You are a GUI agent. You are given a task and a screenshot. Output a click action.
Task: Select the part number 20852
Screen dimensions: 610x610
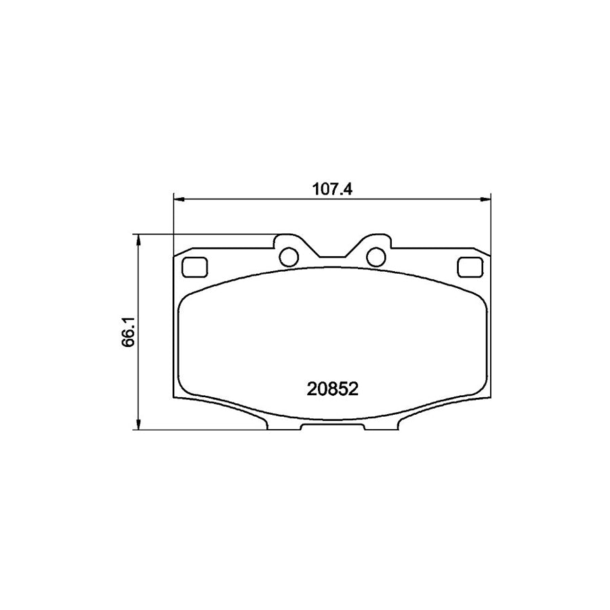332,390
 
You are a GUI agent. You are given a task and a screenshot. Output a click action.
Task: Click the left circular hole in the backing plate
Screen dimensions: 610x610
289,257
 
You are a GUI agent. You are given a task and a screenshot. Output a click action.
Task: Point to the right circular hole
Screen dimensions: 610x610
375,257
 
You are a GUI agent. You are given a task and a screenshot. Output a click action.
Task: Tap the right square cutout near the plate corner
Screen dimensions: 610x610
468,268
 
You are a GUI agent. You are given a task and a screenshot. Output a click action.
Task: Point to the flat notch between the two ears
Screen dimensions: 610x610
332,258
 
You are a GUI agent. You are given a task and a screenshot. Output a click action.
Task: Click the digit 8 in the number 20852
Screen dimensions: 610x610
331,390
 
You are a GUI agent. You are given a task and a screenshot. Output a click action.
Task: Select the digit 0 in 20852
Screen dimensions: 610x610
320,390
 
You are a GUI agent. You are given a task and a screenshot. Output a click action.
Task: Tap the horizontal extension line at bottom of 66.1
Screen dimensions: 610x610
203,430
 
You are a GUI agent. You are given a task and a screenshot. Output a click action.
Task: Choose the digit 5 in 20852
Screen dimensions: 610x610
343,390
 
